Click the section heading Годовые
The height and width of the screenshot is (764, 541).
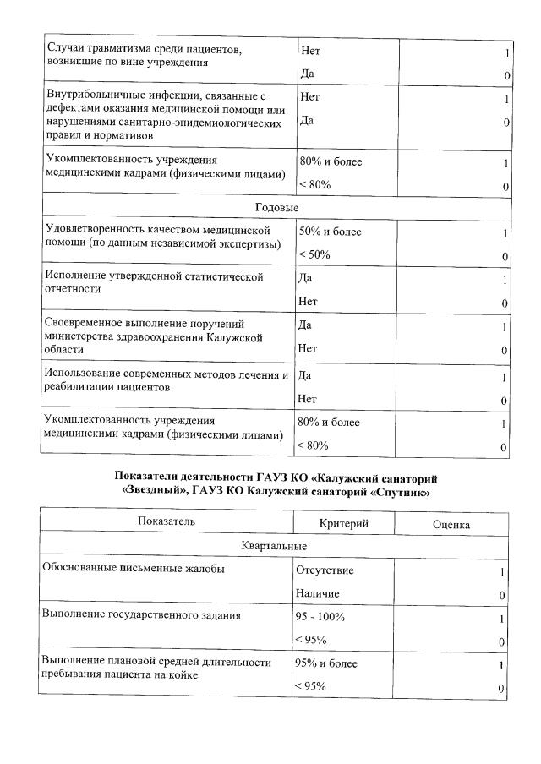pos(276,207)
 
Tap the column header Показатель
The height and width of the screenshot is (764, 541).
pos(167,522)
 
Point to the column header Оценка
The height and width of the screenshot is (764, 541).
pos(451,524)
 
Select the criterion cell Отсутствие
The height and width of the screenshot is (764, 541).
pos(325,570)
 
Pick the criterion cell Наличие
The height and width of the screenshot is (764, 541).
pos(317,594)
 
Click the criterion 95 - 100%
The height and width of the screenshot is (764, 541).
pos(320,617)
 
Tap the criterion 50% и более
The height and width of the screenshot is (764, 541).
pos(330,232)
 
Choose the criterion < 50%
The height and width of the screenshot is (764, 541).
pos(314,254)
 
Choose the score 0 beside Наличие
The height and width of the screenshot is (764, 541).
pos(502,596)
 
